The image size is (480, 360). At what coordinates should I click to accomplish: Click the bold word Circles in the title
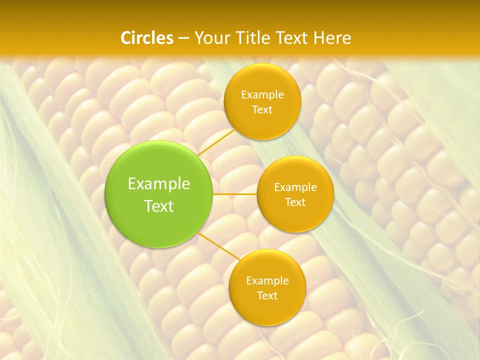[x=147, y=38]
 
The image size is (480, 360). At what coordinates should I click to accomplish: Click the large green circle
[x=158, y=194]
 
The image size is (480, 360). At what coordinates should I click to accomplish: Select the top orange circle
[x=262, y=101]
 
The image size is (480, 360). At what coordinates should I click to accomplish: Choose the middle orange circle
[x=295, y=194]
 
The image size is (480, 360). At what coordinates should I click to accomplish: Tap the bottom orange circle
[x=267, y=287]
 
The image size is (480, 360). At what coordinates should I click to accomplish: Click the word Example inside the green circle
[x=159, y=184]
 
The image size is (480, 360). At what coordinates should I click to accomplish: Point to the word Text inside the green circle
[x=159, y=206]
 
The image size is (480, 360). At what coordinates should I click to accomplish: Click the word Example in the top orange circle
[x=262, y=94]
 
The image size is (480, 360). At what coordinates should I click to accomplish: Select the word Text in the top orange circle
[x=262, y=109]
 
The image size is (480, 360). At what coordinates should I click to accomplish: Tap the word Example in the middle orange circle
[x=295, y=187]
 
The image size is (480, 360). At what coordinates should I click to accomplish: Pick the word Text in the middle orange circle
[x=295, y=202]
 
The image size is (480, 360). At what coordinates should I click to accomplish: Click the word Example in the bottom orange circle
[x=267, y=280]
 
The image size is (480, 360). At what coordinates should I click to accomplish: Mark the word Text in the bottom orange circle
[x=267, y=295]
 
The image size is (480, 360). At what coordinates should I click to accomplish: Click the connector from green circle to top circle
[x=216, y=141]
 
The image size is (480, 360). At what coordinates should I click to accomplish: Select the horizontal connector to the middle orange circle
[x=234, y=194]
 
